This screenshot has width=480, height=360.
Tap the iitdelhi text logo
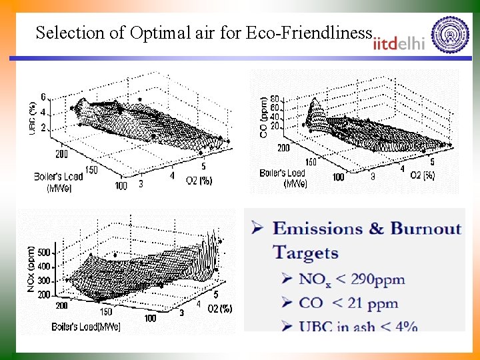(399, 43)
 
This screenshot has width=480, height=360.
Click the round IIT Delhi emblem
(450, 35)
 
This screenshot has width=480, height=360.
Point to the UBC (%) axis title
(33, 118)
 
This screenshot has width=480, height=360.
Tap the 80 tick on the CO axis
(274, 99)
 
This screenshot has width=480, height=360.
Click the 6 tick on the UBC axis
(43, 97)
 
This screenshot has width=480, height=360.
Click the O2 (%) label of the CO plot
(422, 175)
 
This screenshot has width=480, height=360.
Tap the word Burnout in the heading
(426, 229)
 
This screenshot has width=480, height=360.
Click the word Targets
(305, 253)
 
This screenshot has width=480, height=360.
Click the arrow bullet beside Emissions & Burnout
(257, 228)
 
